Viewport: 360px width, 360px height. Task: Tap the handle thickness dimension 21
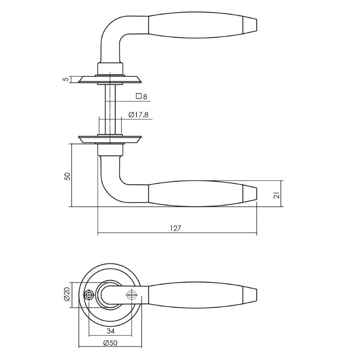(x=276, y=195)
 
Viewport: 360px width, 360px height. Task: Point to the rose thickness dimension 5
(x=65, y=79)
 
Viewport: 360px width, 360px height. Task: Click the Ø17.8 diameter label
(x=139, y=115)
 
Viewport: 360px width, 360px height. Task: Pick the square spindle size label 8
(x=145, y=96)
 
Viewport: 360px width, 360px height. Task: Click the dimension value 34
(x=111, y=330)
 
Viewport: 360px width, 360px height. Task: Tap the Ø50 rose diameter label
(x=110, y=343)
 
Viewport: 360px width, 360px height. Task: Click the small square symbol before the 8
(x=138, y=96)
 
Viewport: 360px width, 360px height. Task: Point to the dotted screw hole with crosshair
(x=132, y=295)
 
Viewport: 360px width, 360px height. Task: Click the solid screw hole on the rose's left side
(x=89, y=295)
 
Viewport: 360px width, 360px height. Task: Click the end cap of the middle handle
(x=251, y=194)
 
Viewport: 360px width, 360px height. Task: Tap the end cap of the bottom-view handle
(x=251, y=295)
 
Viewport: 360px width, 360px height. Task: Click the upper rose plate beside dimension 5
(x=110, y=79)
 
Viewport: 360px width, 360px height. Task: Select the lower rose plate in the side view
(x=110, y=139)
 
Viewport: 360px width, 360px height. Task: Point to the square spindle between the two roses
(x=110, y=108)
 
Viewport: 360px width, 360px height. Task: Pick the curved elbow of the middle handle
(x=110, y=187)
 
